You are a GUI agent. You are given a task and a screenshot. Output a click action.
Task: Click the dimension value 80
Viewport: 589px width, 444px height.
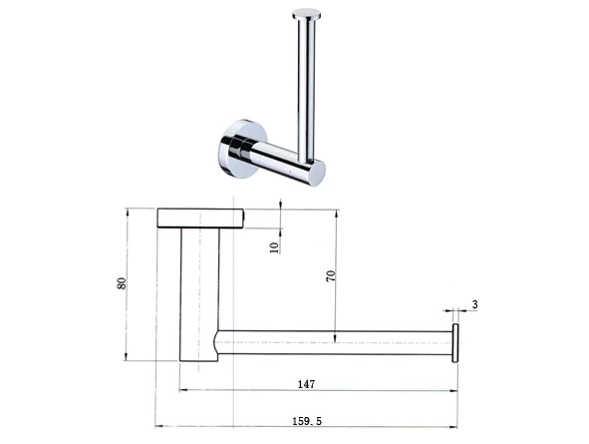coord(122,282)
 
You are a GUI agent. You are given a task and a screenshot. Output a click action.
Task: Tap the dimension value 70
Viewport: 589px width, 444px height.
coord(330,277)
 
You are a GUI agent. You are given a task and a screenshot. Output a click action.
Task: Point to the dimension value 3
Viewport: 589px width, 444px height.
coord(475,303)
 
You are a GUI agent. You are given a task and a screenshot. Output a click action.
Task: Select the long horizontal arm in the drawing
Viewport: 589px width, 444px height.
coord(334,342)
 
